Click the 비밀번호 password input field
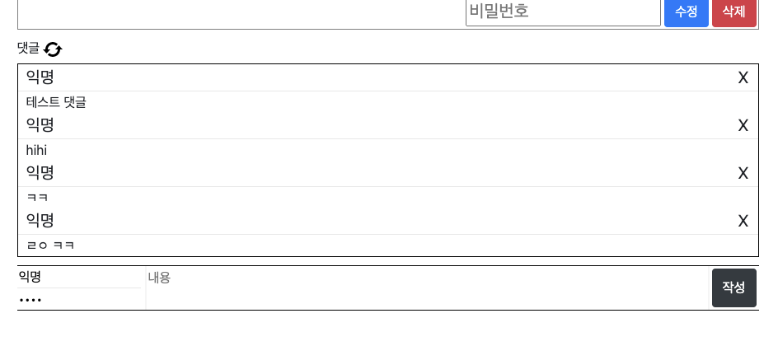[563, 12]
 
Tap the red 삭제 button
[733, 12]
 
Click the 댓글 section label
[28, 49]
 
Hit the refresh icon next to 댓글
[53, 49]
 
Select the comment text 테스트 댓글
[56, 102]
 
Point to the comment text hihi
[36, 150]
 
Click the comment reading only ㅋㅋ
[37, 198]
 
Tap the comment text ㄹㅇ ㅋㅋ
[50, 245]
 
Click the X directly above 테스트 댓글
[743, 77]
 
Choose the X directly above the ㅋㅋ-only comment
[743, 173]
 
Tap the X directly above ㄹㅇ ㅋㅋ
[743, 221]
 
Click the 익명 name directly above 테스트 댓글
[40, 77]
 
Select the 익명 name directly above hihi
[40, 125]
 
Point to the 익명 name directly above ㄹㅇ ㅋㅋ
[40, 221]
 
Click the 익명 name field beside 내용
[79, 277]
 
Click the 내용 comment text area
[427, 288]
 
